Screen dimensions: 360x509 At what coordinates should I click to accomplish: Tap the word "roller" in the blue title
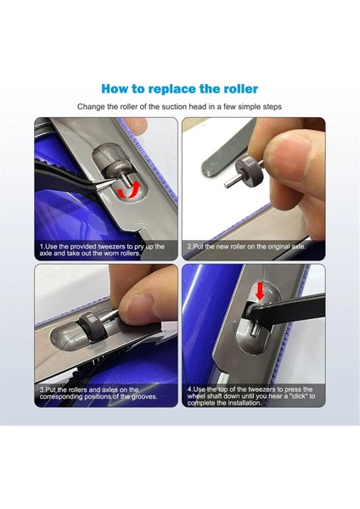pos(241,88)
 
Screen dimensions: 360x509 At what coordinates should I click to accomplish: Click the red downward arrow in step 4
pos(260,291)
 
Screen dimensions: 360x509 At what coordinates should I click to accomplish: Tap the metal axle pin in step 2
pos(233,182)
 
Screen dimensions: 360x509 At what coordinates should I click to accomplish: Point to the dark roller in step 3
pos(93,327)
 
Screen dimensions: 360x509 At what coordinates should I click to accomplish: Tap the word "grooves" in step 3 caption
pos(144,397)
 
